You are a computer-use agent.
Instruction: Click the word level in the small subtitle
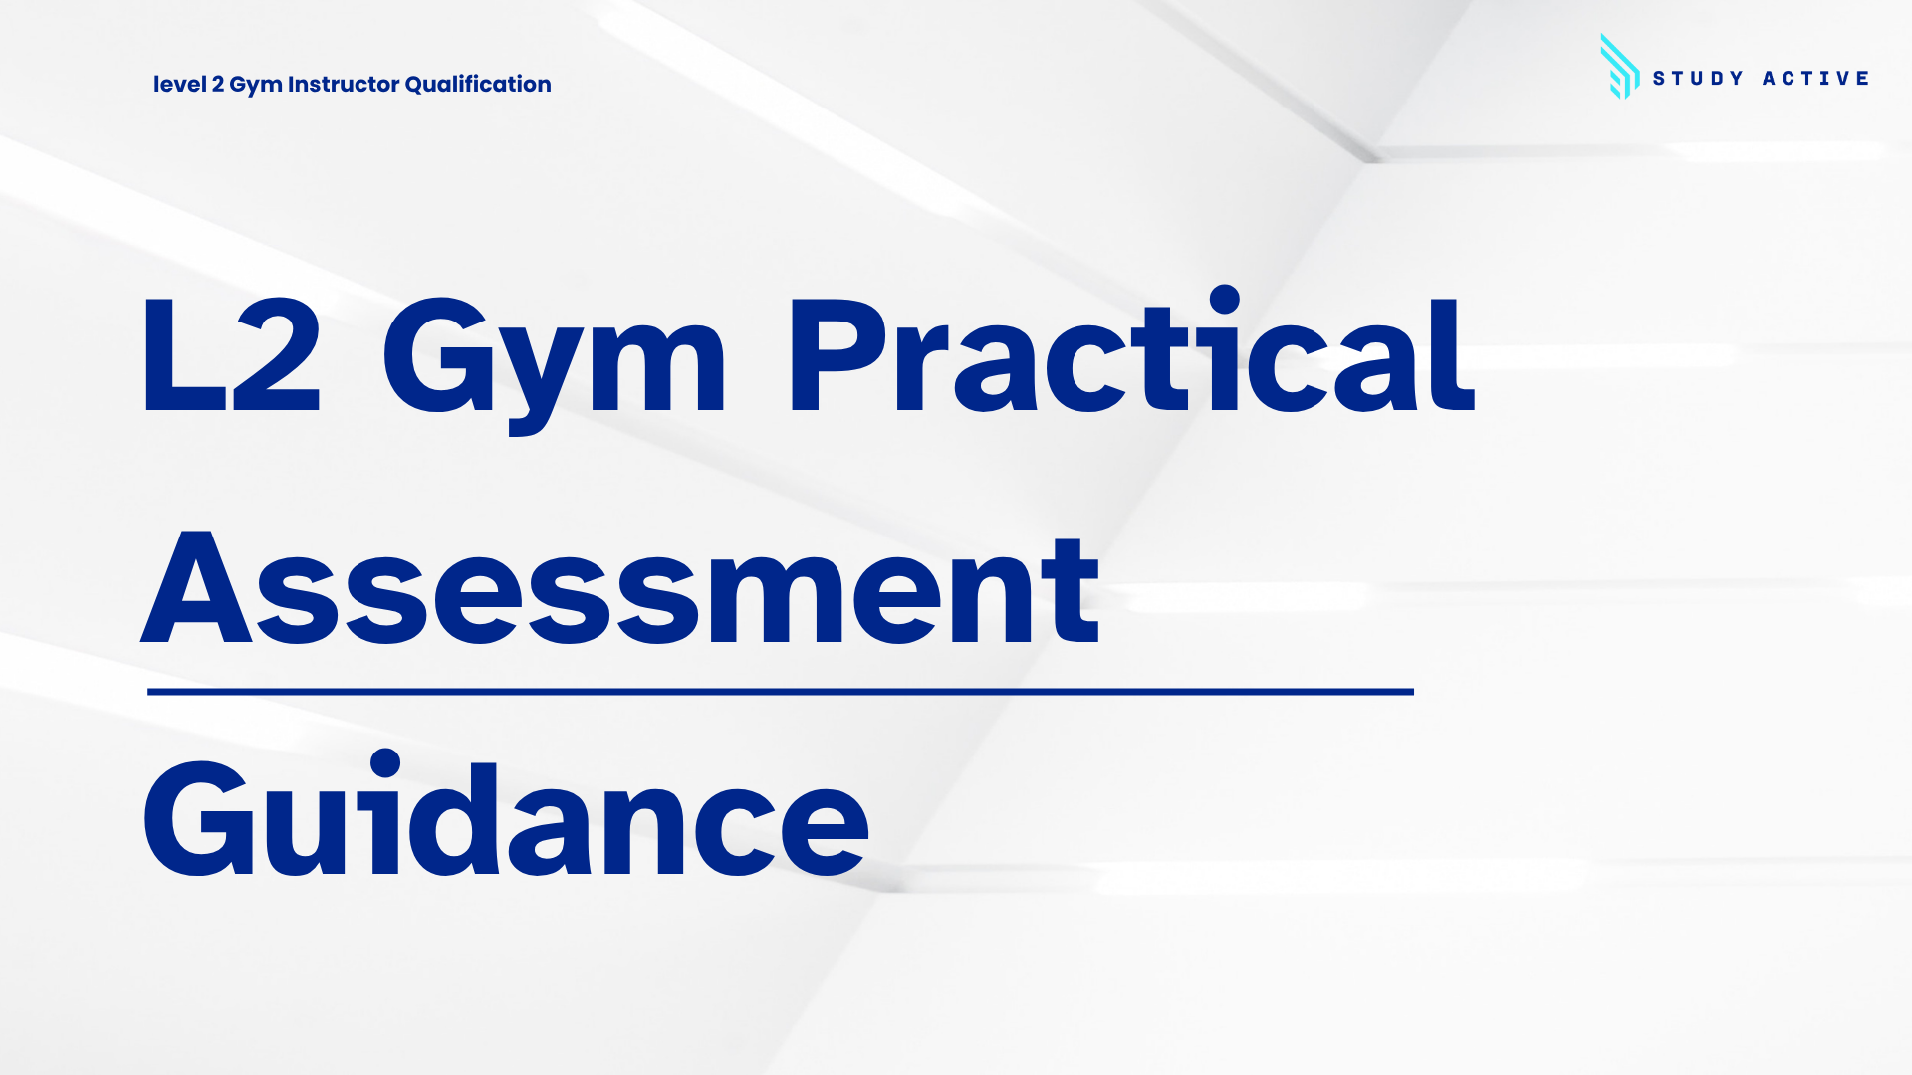click(x=179, y=84)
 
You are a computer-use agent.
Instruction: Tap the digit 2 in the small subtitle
click(x=217, y=84)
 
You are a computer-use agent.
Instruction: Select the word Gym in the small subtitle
click(x=256, y=86)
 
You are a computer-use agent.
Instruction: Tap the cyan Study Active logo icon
click(x=1619, y=67)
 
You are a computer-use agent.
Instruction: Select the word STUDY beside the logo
click(x=1698, y=78)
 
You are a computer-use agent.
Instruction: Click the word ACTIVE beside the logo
click(x=1815, y=78)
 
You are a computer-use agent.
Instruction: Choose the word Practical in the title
click(x=1132, y=350)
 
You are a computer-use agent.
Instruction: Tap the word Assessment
click(x=620, y=589)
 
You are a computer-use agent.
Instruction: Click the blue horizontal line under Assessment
click(x=781, y=691)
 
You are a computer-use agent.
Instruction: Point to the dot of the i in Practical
click(x=1224, y=300)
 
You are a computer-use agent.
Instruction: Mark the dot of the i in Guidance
click(x=385, y=764)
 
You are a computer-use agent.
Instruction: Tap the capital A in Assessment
click(x=197, y=587)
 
